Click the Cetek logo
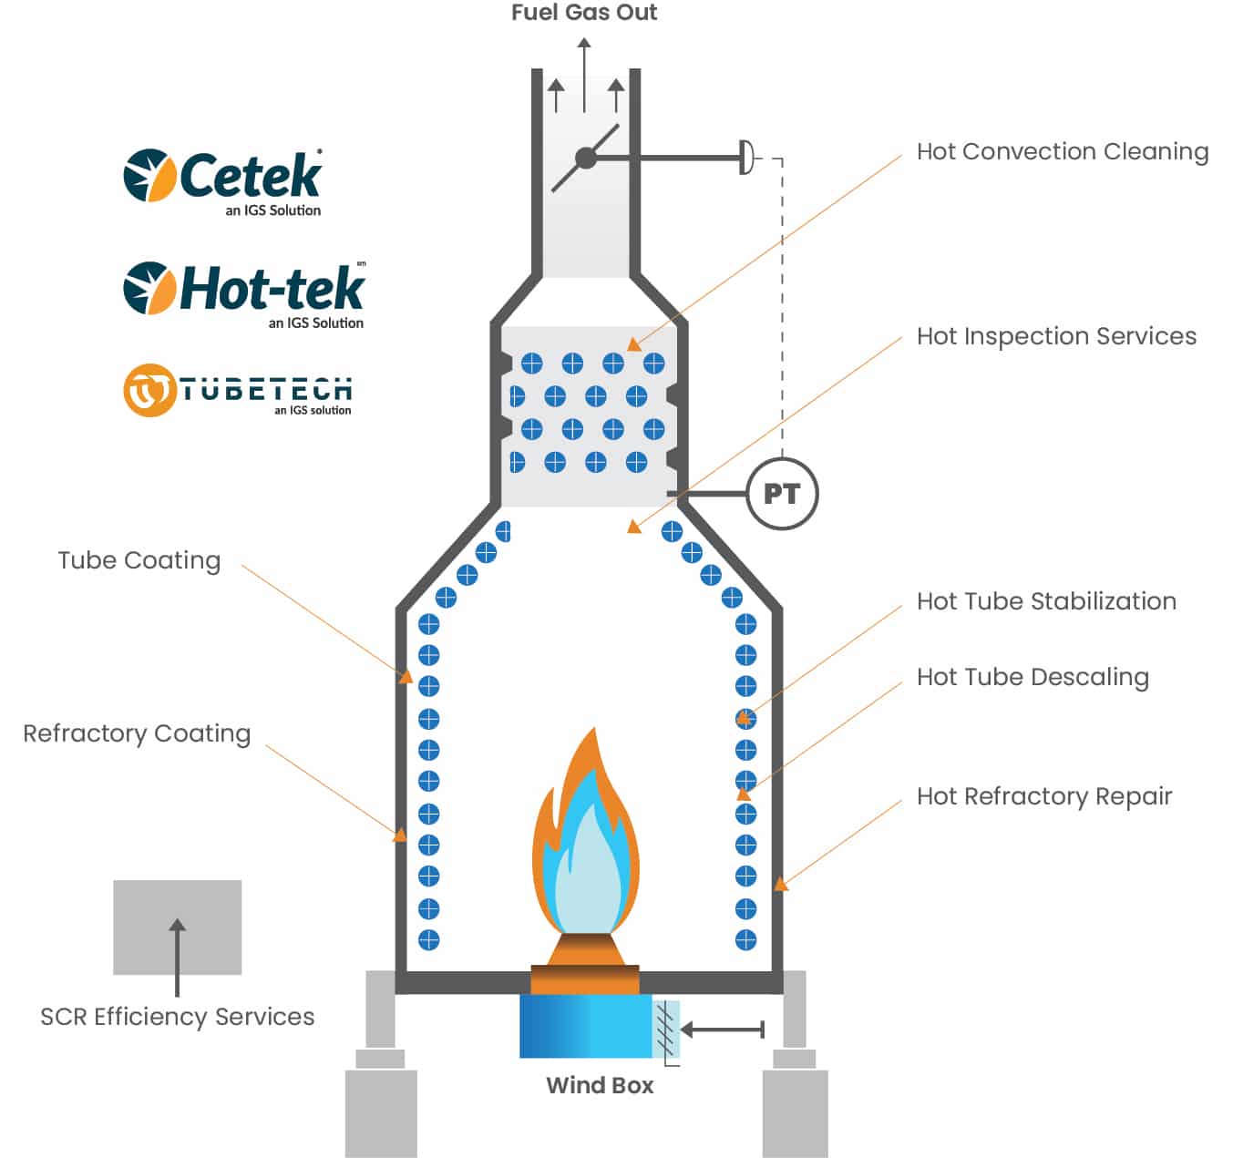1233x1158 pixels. tap(223, 180)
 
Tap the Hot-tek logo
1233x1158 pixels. tap(244, 293)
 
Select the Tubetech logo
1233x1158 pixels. tap(238, 391)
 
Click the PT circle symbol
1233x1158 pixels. tap(781, 494)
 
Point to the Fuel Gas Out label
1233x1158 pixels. tap(583, 13)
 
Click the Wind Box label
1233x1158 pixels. tap(600, 1085)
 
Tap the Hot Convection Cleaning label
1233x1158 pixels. tap(1062, 151)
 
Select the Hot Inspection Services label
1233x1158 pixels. tap(1055, 336)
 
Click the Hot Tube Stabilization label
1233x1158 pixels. tap(1045, 601)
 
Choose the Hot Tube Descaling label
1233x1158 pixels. tap(1032, 677)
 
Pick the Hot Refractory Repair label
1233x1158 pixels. tap(1043, 796)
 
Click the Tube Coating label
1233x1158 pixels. tap(139, 560)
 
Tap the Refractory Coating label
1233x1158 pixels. tap(137, 733)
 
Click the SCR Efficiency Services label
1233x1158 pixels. tap(177, 1017)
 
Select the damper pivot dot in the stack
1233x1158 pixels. tap(586, 159)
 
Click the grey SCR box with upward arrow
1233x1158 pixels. tap(177, 927)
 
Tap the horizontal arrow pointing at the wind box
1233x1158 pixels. tap(722, 1030)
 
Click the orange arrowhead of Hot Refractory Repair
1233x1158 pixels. tap(780, 883)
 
